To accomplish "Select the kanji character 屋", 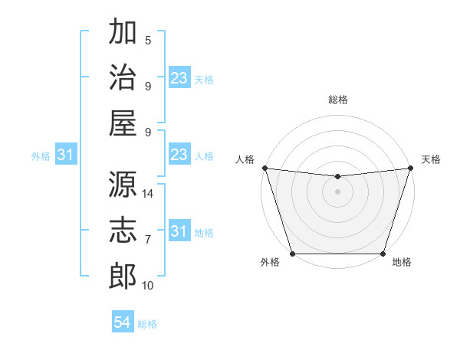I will click(123, 123).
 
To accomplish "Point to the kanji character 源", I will click(123, 184).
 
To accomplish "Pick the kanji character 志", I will click(123, 230).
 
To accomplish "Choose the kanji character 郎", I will click(123, 276).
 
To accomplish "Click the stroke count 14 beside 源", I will click(148, 194).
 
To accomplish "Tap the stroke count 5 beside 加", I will click(148, 41).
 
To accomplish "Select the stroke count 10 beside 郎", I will click(148, 286).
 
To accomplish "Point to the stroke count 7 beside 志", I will click(148, 240).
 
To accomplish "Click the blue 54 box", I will click(123, 322).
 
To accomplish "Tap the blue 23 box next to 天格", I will click(179, 78).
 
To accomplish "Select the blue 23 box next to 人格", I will click(179, 155).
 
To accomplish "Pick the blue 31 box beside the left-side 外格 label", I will click(66, 155).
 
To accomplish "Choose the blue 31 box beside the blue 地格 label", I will click(179, 231).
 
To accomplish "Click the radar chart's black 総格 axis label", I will click(337, 100).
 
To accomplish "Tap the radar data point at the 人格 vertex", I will click(264, 168).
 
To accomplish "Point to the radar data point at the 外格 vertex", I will click(292, 254).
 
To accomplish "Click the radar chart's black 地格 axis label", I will click(402, 263).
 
